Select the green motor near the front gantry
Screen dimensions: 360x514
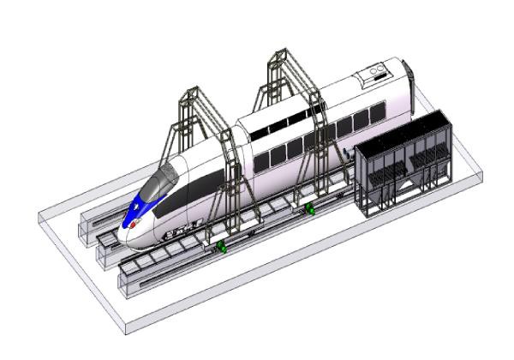pyautogui.click(x=221, y=248)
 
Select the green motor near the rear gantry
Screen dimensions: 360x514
pyautogui.click(x=309, y=208)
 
